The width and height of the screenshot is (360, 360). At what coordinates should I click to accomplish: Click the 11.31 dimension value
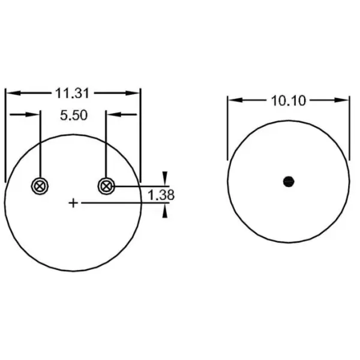click(73, 93)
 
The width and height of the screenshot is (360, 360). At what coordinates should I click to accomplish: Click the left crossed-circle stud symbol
click(40, 186)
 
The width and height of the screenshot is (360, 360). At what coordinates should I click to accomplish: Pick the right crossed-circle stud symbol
click(106, 186)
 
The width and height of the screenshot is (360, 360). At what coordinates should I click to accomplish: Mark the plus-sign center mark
click(73, 203)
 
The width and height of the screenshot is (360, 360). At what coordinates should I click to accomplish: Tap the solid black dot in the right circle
click(289, 181)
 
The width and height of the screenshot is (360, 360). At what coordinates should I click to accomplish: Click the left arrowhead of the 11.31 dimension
click(11, 93)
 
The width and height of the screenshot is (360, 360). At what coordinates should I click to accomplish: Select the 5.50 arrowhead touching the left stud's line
click(34, 115)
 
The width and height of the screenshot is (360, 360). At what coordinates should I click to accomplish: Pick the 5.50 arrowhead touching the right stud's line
click(112, 115)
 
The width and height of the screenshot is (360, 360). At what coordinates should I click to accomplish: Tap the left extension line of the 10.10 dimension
click(227, 129)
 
